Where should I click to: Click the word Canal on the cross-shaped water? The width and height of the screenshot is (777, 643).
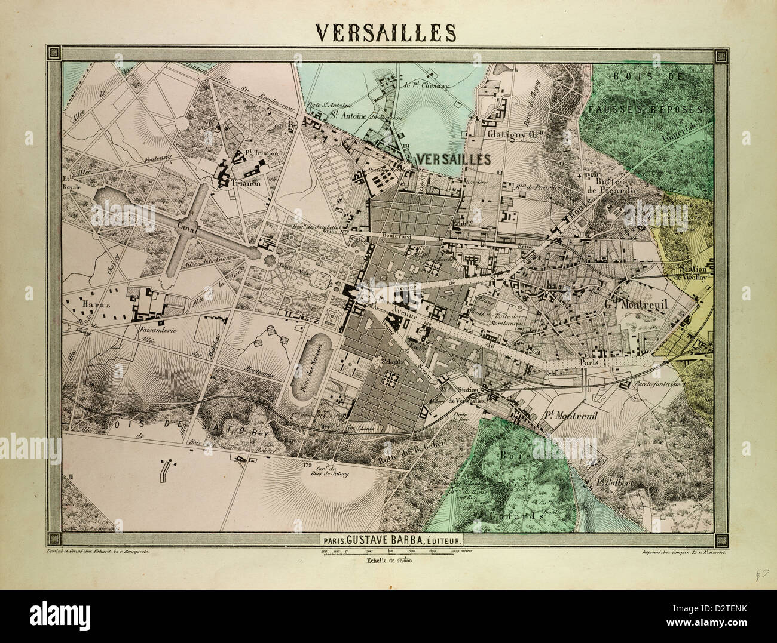(189, 227)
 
